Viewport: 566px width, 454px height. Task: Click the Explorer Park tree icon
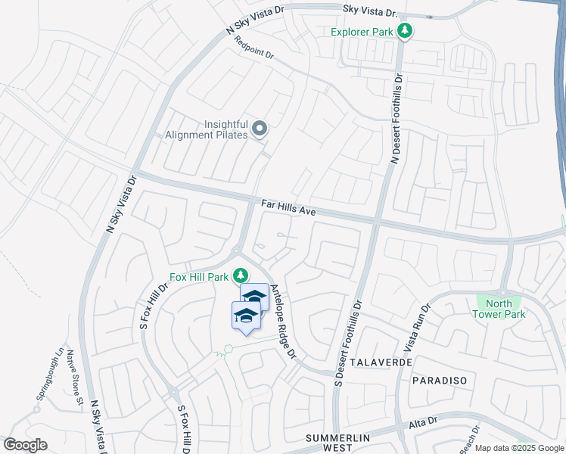point(406,31)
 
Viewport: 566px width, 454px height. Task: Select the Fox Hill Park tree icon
point(240,275)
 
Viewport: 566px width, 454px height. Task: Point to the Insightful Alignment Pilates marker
point(260,129)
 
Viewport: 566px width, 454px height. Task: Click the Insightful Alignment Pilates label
point(207,129)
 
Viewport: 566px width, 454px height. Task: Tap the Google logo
point(25,445)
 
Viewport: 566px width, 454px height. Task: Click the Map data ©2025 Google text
point(519,448)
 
